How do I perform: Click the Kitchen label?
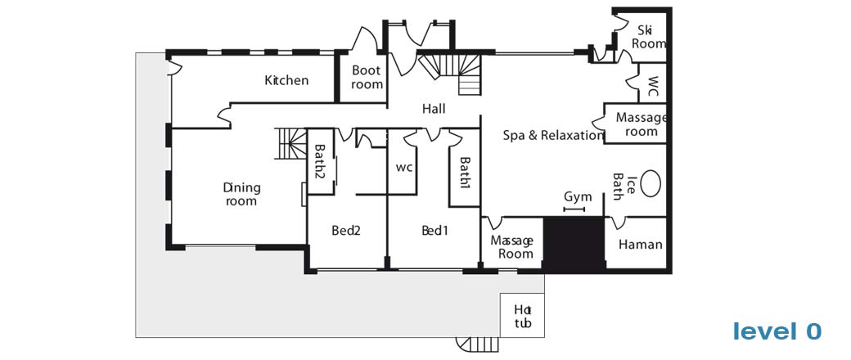(286, 80)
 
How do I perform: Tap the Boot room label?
(367, 77)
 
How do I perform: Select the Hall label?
(434, 109)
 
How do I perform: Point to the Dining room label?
(241, 195)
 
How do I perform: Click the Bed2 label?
(346, 230)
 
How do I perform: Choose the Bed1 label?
(435, 230)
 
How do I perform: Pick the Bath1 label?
(465, 173)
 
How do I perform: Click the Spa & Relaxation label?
(553, 135)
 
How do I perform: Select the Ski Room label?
(649, 37)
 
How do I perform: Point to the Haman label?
(641, 245)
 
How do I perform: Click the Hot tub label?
(522, 316)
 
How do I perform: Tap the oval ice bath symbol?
(651, 183)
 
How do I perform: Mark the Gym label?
(578, 196)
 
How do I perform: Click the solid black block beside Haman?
(574, 244)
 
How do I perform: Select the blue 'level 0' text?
(777, 331)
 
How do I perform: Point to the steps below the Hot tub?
(477, 344)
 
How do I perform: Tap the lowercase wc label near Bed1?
(403, 168)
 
